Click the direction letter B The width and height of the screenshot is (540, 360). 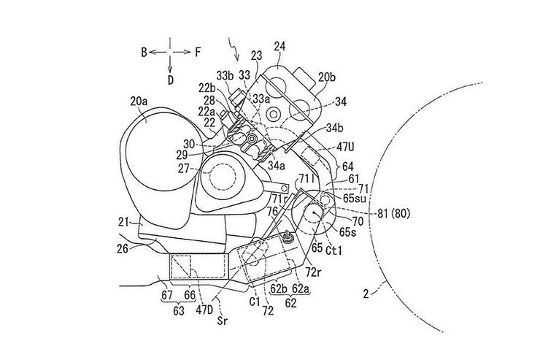point(144,52)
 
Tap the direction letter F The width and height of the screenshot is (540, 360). point(198,52)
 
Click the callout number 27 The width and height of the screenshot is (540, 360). point(182,167)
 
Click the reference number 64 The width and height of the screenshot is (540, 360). point(348,166)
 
